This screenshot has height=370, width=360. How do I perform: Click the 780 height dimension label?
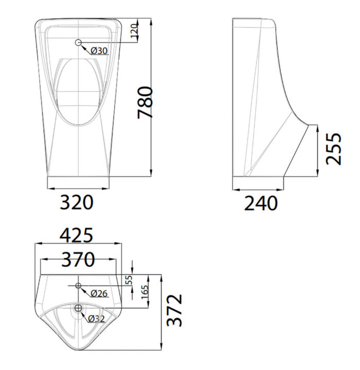[145, 102]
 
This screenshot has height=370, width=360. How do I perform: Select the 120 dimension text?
[135, 32]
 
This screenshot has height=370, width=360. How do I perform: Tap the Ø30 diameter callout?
[99, 50]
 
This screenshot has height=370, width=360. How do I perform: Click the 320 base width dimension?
[77, 202]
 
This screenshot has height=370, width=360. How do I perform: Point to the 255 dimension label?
[334, 148]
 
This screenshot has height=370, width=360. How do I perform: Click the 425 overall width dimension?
[77, 235]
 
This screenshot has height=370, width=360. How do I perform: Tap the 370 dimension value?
[78, 259]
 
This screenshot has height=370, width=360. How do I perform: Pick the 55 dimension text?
[129, 280]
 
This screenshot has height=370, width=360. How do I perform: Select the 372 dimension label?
[175, 310]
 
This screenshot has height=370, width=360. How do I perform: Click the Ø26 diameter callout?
[99, 293]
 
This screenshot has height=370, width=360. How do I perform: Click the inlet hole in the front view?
[79, 43]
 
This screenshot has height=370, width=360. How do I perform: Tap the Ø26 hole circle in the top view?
[78, 286]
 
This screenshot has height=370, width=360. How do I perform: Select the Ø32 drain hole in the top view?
[78, 308]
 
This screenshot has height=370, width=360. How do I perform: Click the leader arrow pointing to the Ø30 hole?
[85, 48]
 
